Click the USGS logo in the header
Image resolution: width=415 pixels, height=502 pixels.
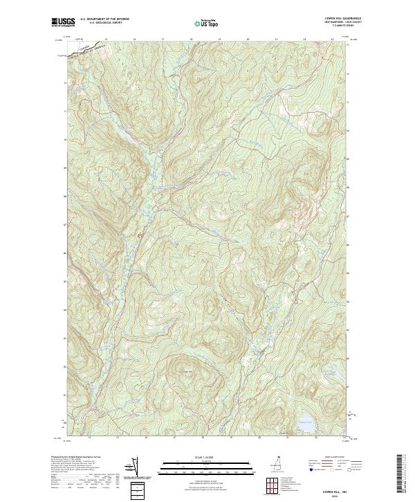(x=63, y=23)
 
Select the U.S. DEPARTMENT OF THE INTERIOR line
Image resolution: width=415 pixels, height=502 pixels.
(x=104, y=19)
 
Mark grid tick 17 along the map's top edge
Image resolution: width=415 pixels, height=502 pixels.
(x=163, y=39)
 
